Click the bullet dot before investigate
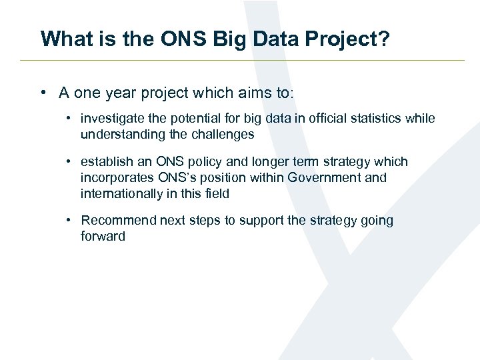pos(69,119)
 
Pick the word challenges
pos(223,135)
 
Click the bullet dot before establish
pos(69,162)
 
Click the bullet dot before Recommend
pos(69,221)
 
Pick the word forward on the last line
pos(103,237)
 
